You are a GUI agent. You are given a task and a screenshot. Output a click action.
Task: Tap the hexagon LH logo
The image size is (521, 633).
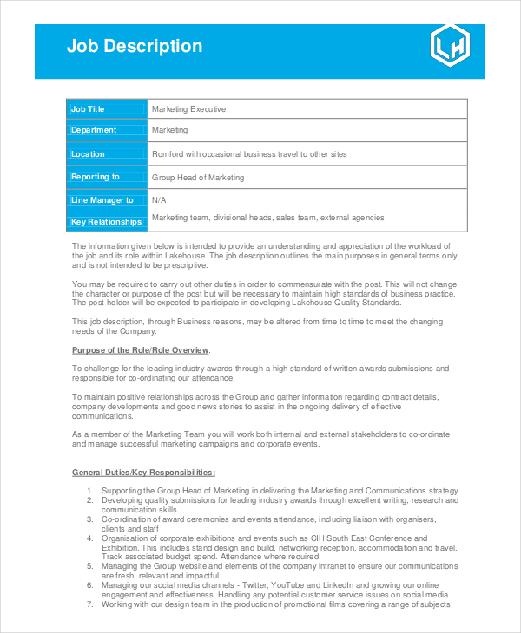point(450,46)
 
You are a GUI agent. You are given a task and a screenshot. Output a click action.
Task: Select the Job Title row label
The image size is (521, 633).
point(88,109)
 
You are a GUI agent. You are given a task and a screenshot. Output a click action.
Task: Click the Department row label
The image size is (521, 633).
point(94,130)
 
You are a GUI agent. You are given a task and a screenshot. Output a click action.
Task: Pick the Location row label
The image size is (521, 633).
point(88,154)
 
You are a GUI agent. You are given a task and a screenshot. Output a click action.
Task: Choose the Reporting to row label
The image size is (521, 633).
point(96,177)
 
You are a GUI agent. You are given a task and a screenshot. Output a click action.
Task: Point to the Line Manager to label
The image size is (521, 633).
point(102,200)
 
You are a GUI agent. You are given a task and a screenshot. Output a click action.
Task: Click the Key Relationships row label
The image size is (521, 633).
point(106,222)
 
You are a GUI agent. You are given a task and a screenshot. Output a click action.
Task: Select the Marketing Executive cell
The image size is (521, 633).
point(188,109)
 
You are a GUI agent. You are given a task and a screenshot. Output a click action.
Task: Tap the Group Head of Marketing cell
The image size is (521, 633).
point(198,178)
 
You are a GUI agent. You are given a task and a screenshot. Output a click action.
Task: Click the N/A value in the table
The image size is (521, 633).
point(159,200)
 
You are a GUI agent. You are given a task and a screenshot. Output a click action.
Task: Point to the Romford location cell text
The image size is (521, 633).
point(249,154)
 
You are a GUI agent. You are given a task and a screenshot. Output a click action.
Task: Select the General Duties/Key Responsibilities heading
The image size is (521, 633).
point(143,473)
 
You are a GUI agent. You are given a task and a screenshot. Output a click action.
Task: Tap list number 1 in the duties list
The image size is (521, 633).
point(90,491)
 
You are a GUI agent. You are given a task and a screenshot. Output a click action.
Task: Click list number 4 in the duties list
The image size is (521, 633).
point(90,538)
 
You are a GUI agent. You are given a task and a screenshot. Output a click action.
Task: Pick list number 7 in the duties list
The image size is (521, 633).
point(90,604)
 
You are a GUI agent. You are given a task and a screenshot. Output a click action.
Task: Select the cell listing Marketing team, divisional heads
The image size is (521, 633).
point(267,219)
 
